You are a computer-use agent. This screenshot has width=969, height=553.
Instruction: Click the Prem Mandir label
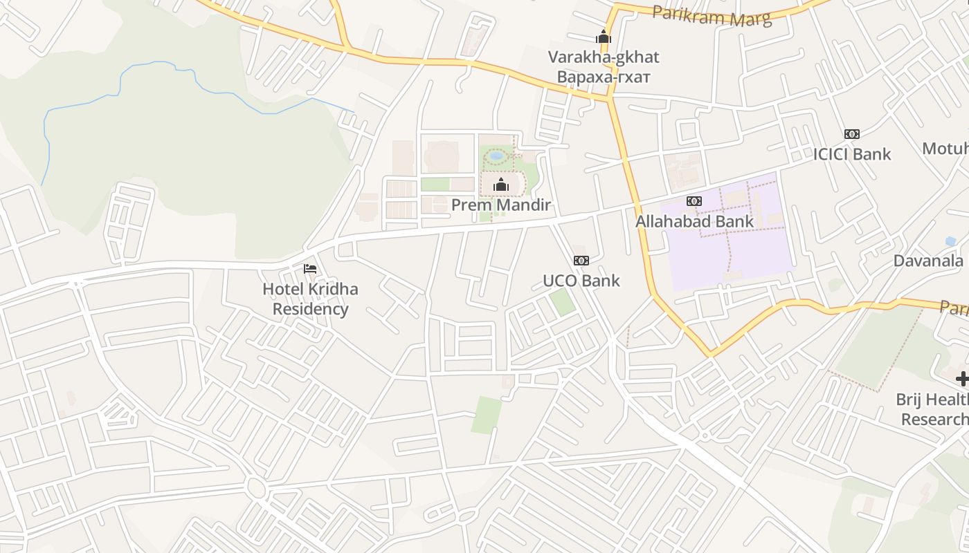tap(500, 205)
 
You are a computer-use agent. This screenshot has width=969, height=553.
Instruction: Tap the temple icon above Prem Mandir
tap(500, 185)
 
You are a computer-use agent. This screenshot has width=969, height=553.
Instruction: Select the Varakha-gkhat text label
tap(604, 57)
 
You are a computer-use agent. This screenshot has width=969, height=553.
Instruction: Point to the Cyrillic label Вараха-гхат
tap(604, 76)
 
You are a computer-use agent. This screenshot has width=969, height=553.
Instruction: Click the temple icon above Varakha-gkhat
tap(604, 37)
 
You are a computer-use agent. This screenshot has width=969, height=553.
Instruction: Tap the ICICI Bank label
tap(852, 153)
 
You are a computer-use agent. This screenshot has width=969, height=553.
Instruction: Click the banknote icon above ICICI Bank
tap(851, 134)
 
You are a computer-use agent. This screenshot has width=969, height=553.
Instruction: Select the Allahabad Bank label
tap(694, 221)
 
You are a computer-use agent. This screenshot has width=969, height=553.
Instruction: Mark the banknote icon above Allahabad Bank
tap(694, 201)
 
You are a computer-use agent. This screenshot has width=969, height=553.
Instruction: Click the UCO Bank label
tap(581, 281)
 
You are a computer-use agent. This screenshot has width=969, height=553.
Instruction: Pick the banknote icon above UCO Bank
tap(581, 261)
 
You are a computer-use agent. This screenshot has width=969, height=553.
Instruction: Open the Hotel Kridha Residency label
tap(310, 299)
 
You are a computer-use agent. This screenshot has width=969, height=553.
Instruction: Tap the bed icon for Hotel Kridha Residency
tap(310, 268)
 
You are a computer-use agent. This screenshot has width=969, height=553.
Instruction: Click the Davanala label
tap(928, 261)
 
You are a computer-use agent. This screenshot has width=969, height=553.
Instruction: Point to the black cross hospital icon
tap(962, 378)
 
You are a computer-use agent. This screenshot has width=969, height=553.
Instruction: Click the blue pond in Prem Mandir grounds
tap(496, 156)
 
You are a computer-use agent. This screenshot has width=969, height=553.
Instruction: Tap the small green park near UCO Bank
tap(563, 302)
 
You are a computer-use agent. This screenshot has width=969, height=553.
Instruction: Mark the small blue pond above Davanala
tap(950, 241)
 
